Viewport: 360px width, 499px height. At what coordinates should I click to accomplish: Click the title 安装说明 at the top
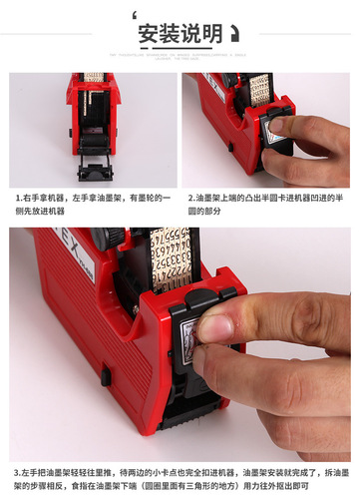[180, 33]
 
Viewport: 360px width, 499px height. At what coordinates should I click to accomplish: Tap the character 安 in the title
[150, 33]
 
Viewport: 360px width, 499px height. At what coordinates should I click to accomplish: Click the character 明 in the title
[210, 33]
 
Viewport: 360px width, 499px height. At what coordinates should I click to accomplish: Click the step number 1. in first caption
[18, 198]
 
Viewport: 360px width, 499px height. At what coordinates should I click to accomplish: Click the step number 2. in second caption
[191, 198]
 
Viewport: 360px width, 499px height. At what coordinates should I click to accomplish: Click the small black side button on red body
[105, 376]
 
